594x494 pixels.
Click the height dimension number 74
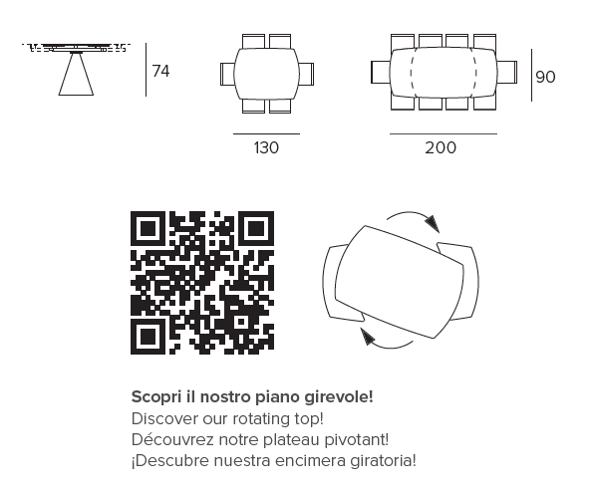tap(160, 71)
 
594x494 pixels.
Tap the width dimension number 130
tap(266, 147)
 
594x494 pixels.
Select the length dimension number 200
tap(441, 147)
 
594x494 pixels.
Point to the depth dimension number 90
tap(545, 77)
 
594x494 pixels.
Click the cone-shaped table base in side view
tap(76, 74)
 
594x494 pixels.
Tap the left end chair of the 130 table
tap(227, 74)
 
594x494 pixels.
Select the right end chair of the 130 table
tap(307, 74)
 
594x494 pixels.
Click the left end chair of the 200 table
tap(381, 72)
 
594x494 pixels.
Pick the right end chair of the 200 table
tap(507, 72)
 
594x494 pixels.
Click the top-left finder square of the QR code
tap(148, 229)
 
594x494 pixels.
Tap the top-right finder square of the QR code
tap(256, 229)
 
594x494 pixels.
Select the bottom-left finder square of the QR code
tap(148, 337)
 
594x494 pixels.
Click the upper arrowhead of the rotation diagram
tap(433, 224)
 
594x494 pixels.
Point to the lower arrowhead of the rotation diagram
tap(368, 337)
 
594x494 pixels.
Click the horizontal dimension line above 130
tap(266, 133)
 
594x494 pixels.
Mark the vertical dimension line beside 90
tap(531, 75)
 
